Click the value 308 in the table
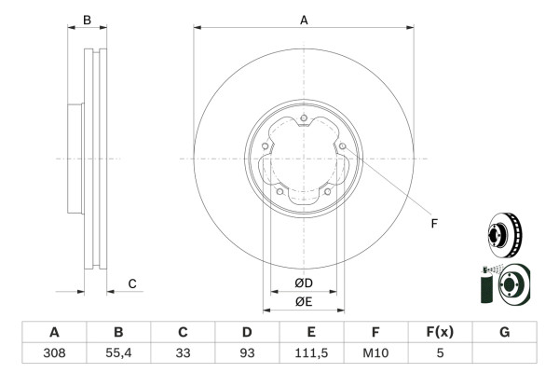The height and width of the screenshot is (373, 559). pos(54,353)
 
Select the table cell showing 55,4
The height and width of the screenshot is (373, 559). pos(118,353)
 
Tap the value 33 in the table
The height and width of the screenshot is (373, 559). pos(184,353)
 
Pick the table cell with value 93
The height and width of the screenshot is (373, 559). pos(247,353)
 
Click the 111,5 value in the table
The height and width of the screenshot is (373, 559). pos(311,353)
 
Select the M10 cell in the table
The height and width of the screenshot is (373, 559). pos(375,353)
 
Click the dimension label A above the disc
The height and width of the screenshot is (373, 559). pos(304,19)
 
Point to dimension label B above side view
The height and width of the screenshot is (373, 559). pos(87,19)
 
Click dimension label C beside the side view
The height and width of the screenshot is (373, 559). pos(132,283)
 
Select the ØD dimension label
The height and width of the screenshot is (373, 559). pos(304,283)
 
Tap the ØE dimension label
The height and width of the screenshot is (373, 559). pos(304,301)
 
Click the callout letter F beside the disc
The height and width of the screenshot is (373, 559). pos(433,222)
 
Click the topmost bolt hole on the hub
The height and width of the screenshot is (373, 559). pos(304,117)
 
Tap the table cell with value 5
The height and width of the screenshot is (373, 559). pos(440,353)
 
